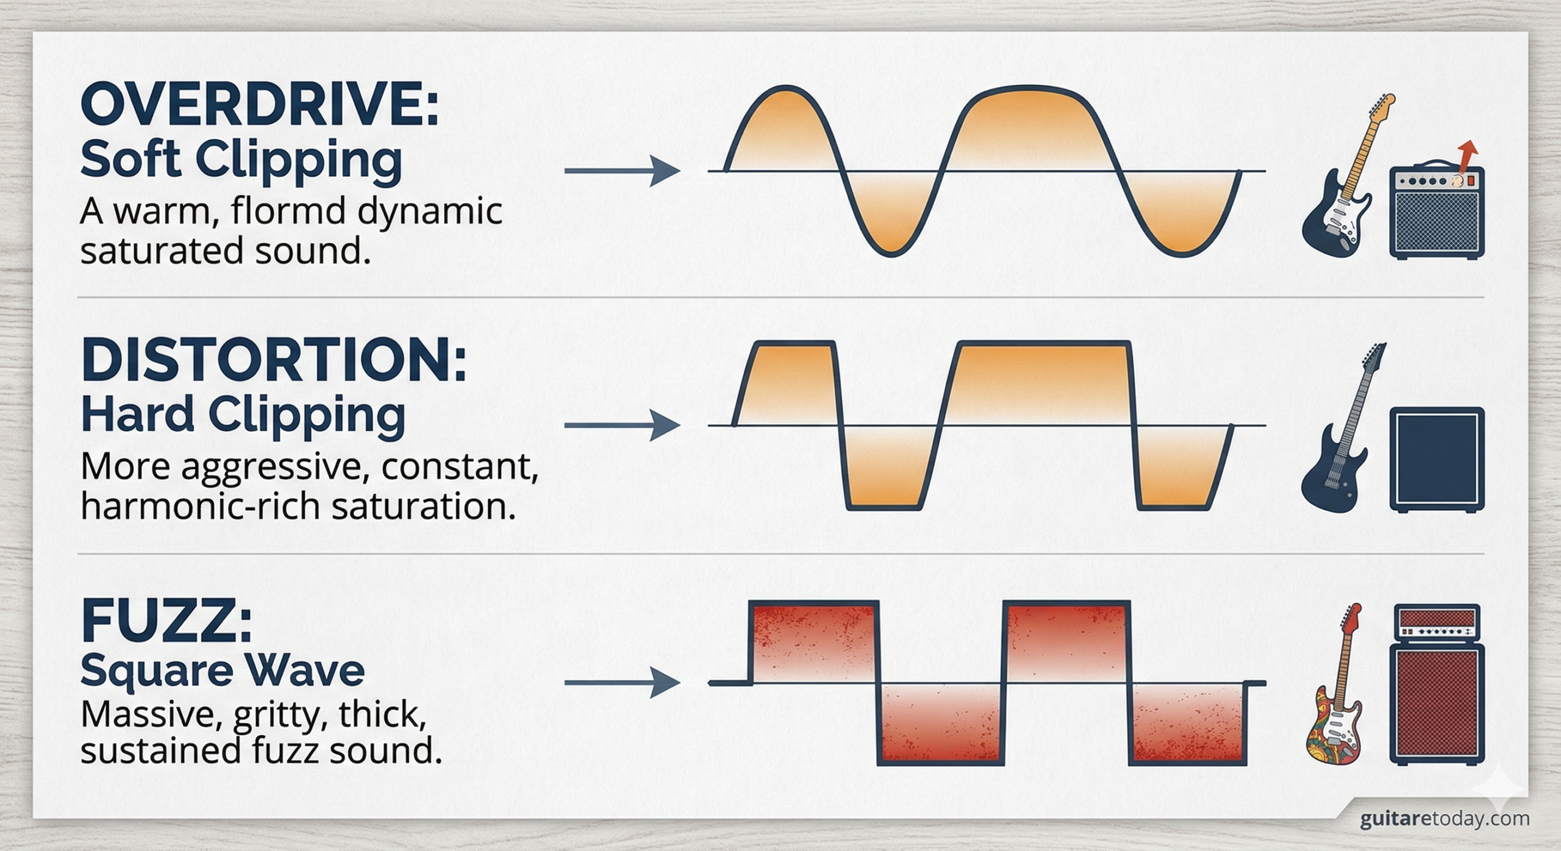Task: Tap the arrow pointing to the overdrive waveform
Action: pyautogui.click(x=622, y=171)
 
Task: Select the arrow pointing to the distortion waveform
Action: pyautogui.click(x=622, y=425)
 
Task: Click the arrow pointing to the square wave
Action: pyautogui.click(x=622, y=683)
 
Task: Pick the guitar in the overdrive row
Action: pyautogui.click(x=1341, y=183)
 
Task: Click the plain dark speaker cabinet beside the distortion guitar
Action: pyautogui.click(x=1436, y=459)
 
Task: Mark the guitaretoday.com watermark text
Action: pyautogui.click(x=1444, y=818)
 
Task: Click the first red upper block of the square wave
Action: pyautogui.click(x=814, y=640)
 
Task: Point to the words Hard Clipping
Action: pyautogui.click(x=243, y=414)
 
